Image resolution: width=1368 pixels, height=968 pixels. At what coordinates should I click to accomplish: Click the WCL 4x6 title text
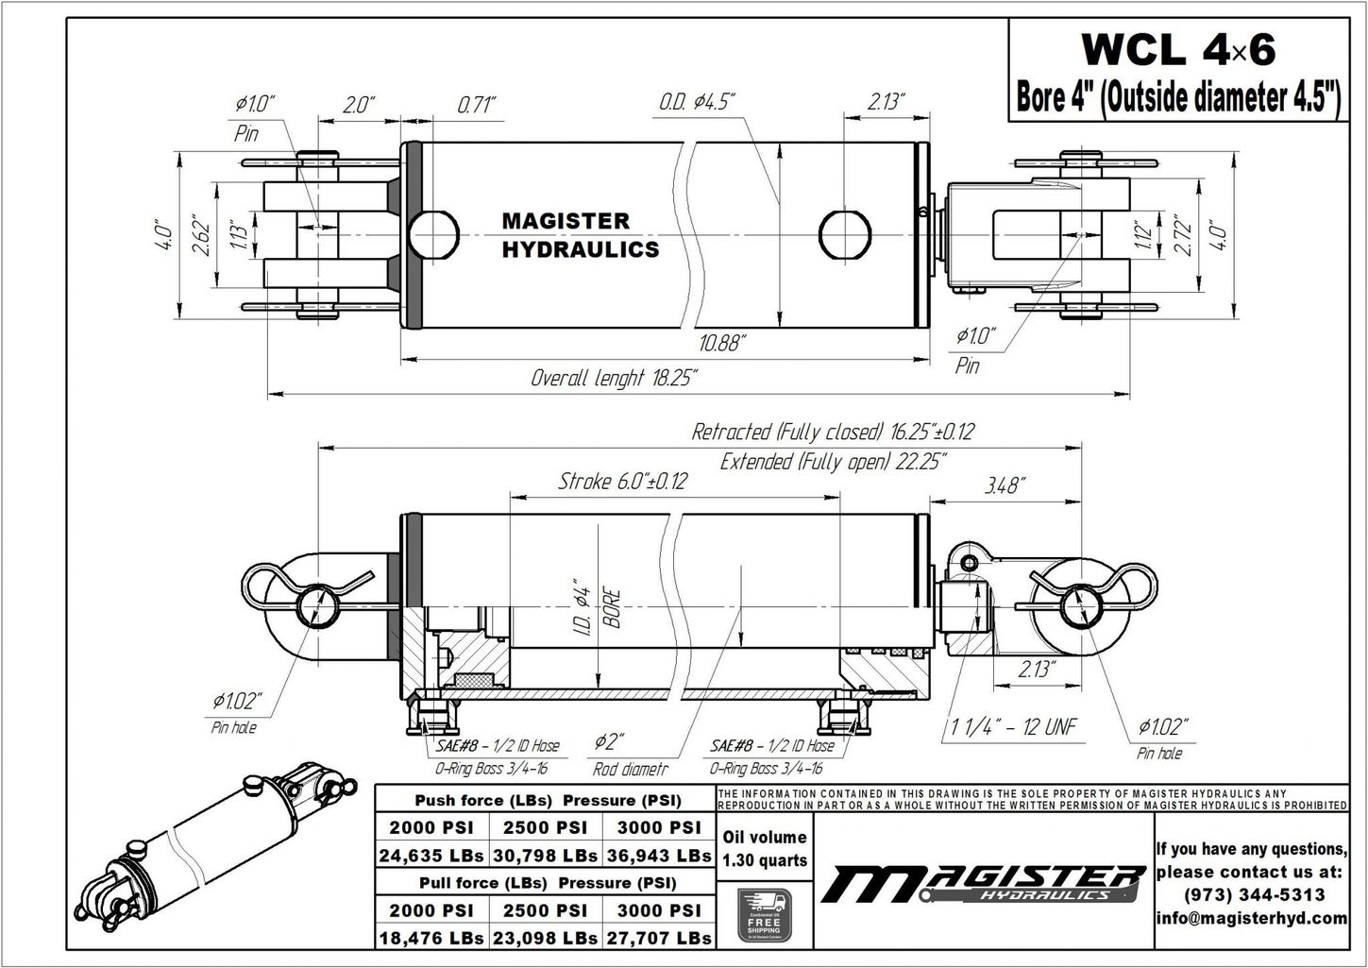tap(1177, 50)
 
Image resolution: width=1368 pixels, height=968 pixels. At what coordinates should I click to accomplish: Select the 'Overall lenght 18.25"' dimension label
tap(614, 379)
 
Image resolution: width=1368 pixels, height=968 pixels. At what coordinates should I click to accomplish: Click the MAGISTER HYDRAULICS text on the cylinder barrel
tap(580, 235)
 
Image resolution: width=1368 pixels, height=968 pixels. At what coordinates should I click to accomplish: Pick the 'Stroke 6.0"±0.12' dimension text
tap(622, 481)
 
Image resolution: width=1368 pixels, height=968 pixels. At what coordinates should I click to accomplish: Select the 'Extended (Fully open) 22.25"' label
tap(834, 461)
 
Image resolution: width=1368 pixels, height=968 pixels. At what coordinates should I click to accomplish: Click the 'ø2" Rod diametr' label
tap(630, 755)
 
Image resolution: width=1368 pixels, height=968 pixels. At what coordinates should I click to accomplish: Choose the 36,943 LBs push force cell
tap(659, 856)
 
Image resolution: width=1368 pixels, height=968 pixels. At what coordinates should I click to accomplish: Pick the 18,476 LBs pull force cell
tap(431, 938)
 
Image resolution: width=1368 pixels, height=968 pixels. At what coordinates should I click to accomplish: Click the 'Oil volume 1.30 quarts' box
tap(764, 848)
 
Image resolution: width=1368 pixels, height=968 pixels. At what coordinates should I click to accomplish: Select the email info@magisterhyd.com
tap(1251, 917)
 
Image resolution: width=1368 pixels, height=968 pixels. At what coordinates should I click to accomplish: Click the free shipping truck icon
tap(764, 914)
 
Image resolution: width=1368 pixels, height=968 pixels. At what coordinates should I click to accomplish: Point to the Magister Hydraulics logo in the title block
tap(982, 883)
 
